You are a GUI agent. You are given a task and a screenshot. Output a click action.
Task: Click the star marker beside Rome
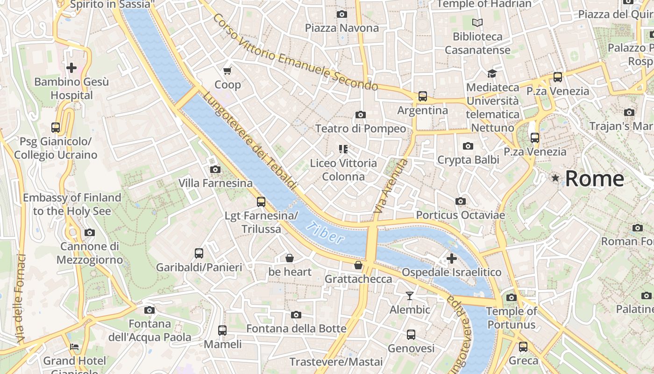(x=555, y=178)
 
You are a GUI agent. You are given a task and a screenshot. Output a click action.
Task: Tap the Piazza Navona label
(x=341, y=28)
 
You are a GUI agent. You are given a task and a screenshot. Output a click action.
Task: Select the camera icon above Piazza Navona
(x=342, y=14)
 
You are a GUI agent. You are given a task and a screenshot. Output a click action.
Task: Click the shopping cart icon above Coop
(x=227, y=71)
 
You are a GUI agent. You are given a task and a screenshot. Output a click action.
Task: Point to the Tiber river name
(x=325, y=233)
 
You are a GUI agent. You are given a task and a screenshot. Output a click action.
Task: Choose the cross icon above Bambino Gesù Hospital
(x=71, y=68)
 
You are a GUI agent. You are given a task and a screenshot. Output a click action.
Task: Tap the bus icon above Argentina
(x=423, y=96)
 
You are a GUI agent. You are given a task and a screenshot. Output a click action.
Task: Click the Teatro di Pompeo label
(x=360, y=129)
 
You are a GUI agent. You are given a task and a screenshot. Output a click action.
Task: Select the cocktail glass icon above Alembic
(x=410, y=295)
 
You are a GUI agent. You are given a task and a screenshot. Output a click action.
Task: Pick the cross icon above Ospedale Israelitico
(x=451, y=258)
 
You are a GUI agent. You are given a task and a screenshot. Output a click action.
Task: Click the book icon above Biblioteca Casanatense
(x=477, y=22)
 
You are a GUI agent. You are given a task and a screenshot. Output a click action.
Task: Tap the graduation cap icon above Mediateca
(x=492, y=73)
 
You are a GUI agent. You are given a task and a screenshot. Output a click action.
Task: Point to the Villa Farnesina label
(x=215, y=183)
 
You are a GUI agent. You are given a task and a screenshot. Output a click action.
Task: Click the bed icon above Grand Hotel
(x=74, y=347)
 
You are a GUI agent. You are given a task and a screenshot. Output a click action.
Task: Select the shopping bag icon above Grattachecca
(x=358, y=265)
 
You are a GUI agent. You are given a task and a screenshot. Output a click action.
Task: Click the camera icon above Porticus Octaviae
(x=461, y=201)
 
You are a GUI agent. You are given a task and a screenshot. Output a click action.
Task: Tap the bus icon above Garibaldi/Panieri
(x=199, y=253)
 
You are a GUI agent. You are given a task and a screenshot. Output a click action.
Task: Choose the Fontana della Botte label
(x=296, y=329)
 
